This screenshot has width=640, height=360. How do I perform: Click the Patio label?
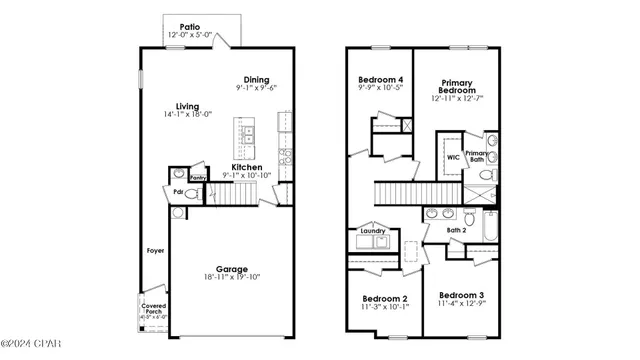point(189,28)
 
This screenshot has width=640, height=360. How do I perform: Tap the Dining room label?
point(257,79)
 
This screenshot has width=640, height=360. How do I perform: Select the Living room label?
point(187,107)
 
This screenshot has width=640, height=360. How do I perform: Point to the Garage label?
point(233,268)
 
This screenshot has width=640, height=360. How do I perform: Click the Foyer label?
point(156,251)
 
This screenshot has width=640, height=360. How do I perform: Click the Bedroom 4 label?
point(381,79)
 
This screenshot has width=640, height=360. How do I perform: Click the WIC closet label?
point(452,157)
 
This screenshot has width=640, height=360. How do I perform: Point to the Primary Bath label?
point(477,156)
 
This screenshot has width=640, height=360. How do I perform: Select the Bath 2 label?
point(456,231)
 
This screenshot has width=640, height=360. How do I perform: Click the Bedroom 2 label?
point(384,298)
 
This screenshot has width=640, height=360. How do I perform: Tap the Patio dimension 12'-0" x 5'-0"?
point(189,38)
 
